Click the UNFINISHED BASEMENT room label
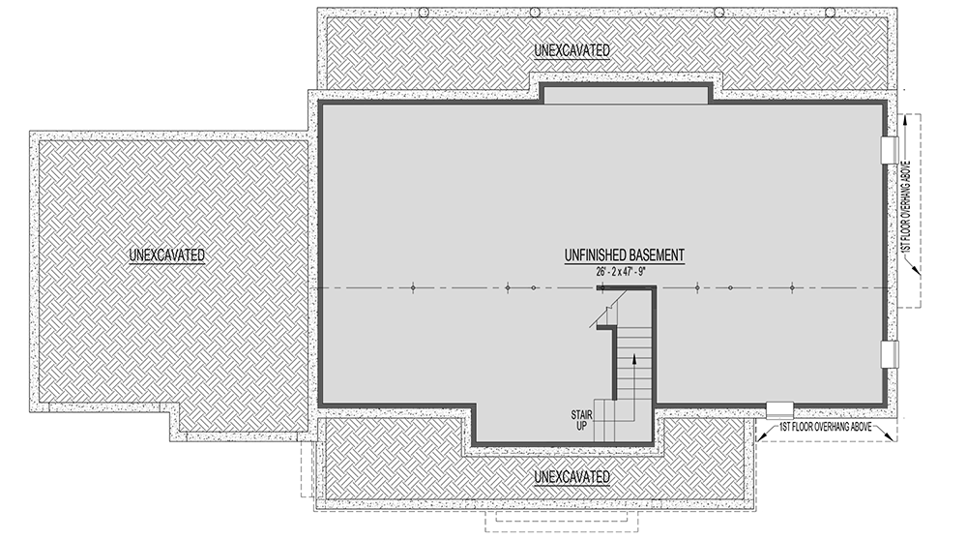pos(625,255)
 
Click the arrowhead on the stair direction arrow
pos(634,357)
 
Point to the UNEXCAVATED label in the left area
pos(167,255)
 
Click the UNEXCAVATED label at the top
pos(572,49)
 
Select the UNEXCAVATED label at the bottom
pos(572,477)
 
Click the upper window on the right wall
pos(890,150)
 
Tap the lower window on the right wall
pos(890,354)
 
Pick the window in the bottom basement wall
pos(778,408)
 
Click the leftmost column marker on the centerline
pos(413,288)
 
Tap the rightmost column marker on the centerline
pos(792,288)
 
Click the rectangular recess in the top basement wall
pos(626,93)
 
